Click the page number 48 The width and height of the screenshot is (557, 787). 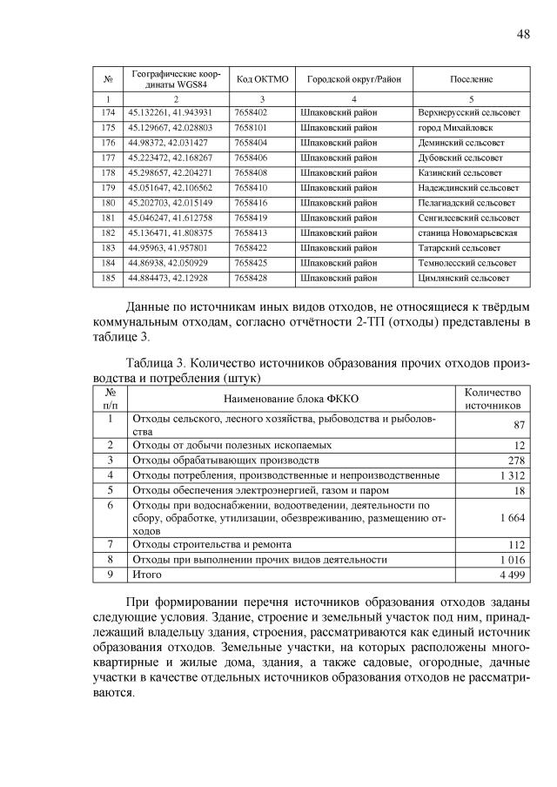[523, 34]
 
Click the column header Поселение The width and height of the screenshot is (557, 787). [471, 79]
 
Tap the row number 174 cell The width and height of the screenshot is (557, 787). [109, 113]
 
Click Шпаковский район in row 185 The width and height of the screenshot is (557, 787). [339, 278]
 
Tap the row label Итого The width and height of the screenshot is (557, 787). [145, 575]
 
